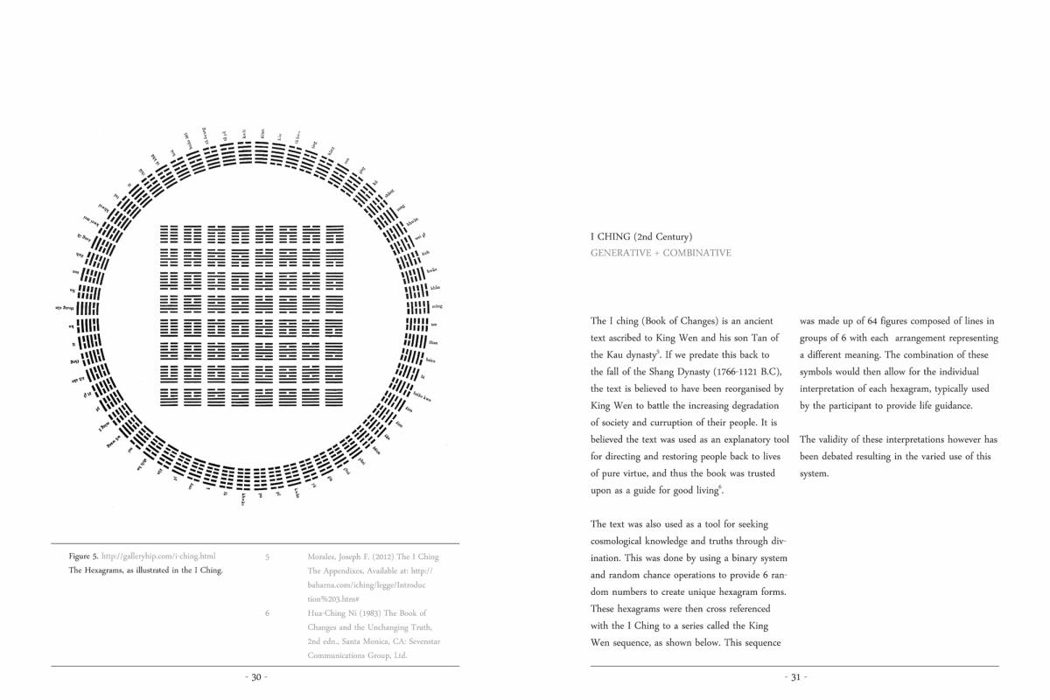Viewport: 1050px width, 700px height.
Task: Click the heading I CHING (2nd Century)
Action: [x=641, y=236]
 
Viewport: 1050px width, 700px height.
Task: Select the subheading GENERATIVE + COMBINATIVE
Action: [x=661, y=253]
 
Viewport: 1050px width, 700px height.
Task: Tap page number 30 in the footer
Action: [x=255, y=677]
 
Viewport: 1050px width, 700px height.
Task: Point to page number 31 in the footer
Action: [x=795, y=677]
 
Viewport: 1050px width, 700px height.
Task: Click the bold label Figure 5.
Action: [x=83, y=556]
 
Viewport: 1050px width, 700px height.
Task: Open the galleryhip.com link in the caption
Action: [x=158, y=556]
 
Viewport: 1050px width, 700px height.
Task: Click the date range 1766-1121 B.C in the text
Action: [x=740, y=372]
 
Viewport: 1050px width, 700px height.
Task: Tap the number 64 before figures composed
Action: [x=871, y=321]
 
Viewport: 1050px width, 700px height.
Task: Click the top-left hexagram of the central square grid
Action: [x=169, y=234]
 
